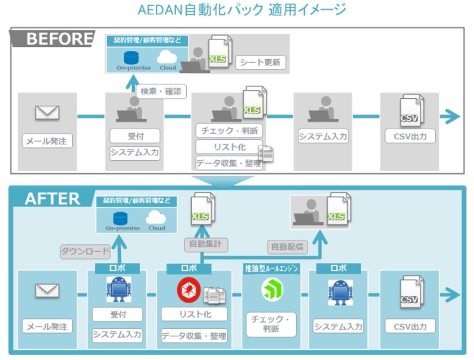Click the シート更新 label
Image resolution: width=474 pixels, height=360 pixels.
(260, 62)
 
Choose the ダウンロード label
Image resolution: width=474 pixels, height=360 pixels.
(85, 252)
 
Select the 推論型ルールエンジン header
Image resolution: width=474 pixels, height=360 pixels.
(272, 268)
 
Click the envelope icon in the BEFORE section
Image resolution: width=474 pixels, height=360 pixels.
(47, 113)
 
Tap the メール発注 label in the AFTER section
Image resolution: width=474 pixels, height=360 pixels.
(48, 326)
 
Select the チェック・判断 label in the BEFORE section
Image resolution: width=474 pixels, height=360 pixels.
(229, 131)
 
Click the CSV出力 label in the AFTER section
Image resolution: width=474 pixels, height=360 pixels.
(410, 326)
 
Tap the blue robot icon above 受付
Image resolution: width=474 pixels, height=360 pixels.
(118, 289)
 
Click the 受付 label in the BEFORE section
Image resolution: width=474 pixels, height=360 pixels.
(135, 136)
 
